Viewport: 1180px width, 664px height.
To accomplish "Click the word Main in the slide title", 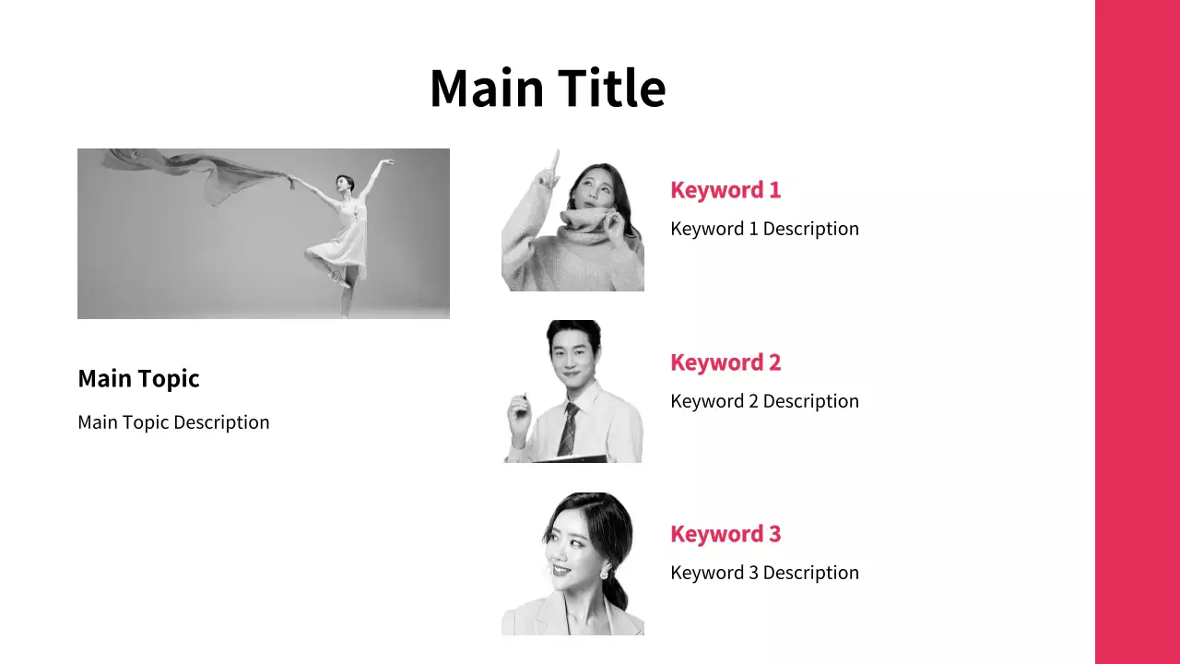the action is (x=487, y=88).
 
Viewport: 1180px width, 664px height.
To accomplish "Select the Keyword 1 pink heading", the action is (x=726, y=190).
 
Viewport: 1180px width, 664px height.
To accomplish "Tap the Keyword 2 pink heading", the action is (x=726, y=362).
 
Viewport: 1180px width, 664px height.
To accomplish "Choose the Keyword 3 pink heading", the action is (x=726, y=534).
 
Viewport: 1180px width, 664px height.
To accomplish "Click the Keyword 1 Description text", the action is (x=764, y=229).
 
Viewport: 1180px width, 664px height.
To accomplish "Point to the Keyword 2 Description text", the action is (x=764, y=401).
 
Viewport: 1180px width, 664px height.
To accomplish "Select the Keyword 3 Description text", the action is (x=764, y=573).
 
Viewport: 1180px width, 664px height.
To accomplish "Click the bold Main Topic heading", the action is (x=138, y=379).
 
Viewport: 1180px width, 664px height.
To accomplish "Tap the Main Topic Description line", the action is (x=173, y=422).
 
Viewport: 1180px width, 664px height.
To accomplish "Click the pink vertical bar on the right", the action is (x=1138, y=332).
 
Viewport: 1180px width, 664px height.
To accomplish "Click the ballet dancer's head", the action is (x=344, y=183).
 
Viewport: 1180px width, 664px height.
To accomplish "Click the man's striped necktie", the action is (x=569, y=429).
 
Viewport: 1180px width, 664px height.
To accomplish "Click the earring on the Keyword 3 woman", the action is (x=604, y=572).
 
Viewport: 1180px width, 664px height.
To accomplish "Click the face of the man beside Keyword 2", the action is (x=572, y=361).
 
